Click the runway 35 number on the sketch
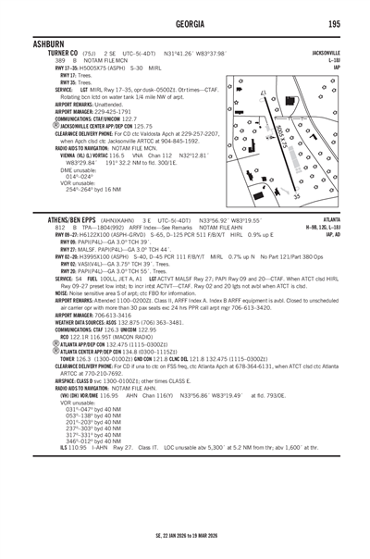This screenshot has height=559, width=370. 297,196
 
